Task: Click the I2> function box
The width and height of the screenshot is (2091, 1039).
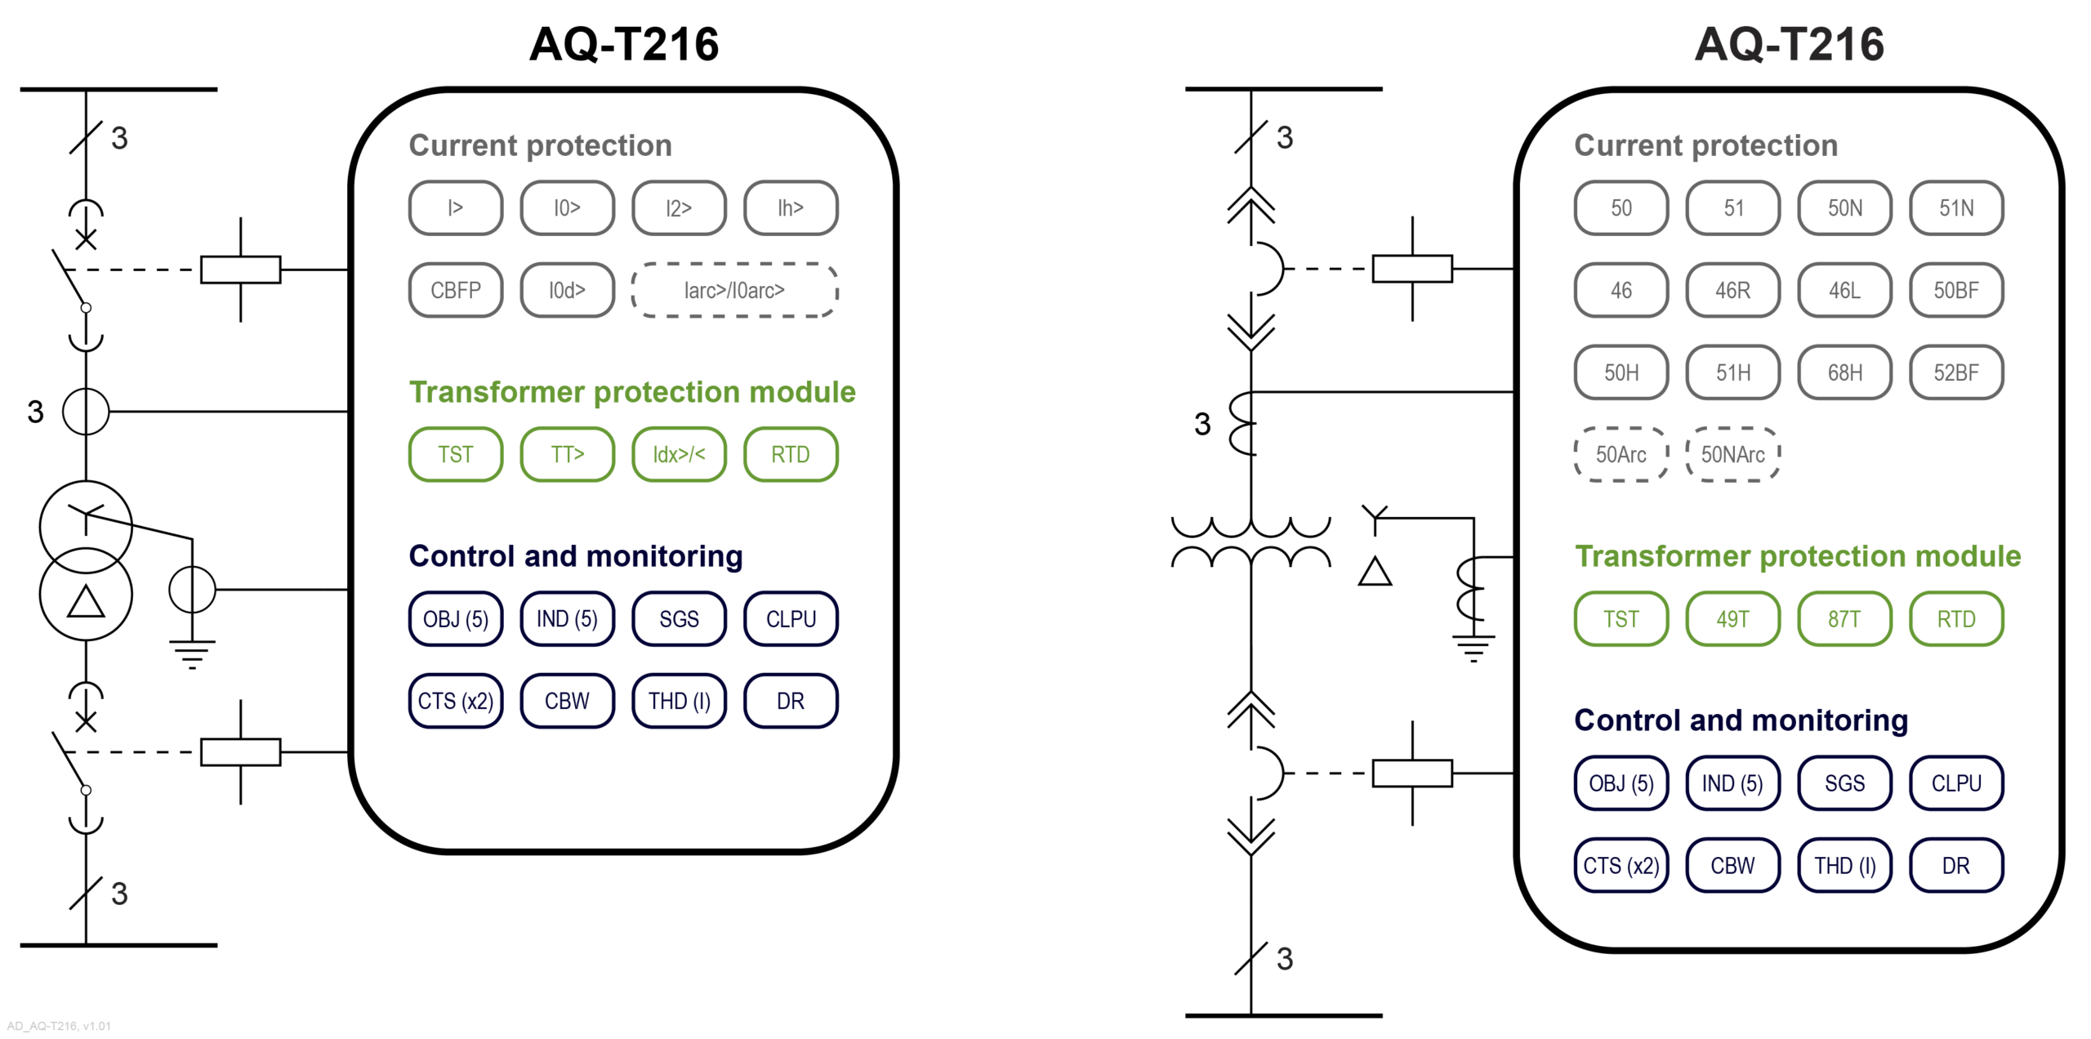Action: pyautogui.click(x=678, y=208)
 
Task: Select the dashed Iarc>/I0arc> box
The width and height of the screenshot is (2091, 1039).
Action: pyautogui.click(x=734, y=290)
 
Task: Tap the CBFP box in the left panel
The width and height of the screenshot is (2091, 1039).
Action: pyautogui.click(x=455, y=290)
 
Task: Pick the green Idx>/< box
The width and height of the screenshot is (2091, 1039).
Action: pyautogui.click(x=678, y=454)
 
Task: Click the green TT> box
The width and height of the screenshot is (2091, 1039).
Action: pyautogui.click(x=567, y=454)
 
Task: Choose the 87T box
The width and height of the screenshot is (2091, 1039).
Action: pyautogui.click(x=1844, y=619)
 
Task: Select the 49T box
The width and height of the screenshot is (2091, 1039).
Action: pyautogui.click(x=1732, y=619)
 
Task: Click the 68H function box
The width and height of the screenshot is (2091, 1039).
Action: pyautogui.click(x=1844, y=372)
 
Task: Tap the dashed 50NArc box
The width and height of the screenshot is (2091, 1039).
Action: pyautogui.click(x=1732, y=454)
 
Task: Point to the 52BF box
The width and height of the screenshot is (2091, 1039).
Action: pyautogui.click(x=1955, y=372)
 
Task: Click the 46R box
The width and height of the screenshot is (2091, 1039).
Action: pyautogui.click(x=1732, y=290)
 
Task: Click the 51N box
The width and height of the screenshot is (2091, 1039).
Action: pyautogui.click(x=1955, y=208)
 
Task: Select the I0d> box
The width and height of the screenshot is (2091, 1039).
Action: pyautogui.click(x=567, y=290)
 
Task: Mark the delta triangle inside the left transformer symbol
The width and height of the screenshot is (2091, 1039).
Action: pyautogui.click(x=86, y=602)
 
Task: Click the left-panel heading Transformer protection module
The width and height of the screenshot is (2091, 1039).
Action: pyautogui.click(x=631, y=392)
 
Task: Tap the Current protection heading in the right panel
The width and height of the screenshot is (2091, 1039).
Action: pyautogui.click(x=1705, y=145)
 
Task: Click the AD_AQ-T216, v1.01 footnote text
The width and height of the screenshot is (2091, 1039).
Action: pyautogui.click(x=59, y=1026)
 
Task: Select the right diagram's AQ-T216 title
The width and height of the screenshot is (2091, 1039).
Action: pyautogui.click(x=1789, y=44)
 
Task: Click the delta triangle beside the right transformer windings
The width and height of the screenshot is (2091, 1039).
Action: pyautogui.click(x=1375, y=572)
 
